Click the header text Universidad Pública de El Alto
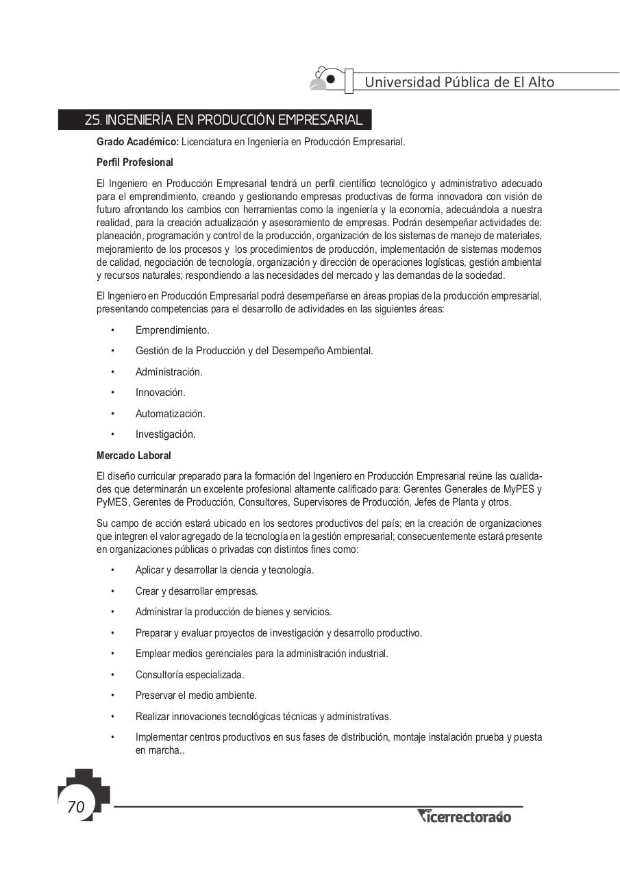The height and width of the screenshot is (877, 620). tap(459, 82)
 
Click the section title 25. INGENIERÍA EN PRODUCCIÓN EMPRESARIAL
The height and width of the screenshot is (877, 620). tap(223, 121)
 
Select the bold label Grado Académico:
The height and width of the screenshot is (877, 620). tap(137, 142)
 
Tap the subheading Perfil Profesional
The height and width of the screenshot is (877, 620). tap(135, 162)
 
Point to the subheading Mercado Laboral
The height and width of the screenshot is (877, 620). tap(134, 456)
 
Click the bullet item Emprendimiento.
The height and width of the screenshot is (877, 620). tap(172, 330)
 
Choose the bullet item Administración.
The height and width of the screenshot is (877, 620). tap(169, 372)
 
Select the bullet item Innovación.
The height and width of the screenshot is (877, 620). tap(160, 393)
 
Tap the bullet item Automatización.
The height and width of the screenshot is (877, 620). tap(170, 414)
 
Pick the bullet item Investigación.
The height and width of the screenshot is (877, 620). tap(165, 434)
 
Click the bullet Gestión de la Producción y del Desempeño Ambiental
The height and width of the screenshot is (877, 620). tap(254, 351)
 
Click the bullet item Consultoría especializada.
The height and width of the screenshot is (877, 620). tap(190, 675)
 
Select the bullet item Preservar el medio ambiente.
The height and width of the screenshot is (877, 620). tap(196, 695)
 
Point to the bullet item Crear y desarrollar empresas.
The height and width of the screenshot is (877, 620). tap(197, 591)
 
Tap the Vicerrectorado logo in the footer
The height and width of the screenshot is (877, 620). tap(464, 816)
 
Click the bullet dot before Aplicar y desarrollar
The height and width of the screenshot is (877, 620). tap(112, 570)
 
